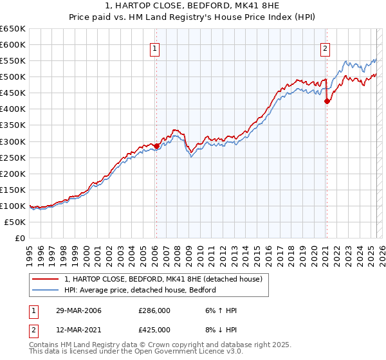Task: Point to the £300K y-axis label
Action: point(13,141)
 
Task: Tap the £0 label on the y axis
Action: point(19,238)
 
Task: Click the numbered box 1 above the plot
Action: point(156,48)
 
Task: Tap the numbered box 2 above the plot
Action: point(326,48)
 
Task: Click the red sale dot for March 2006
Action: point(156,146)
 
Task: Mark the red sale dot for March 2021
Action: point(326,101)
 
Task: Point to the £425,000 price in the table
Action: point(154,329)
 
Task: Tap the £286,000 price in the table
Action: point(154,310)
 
